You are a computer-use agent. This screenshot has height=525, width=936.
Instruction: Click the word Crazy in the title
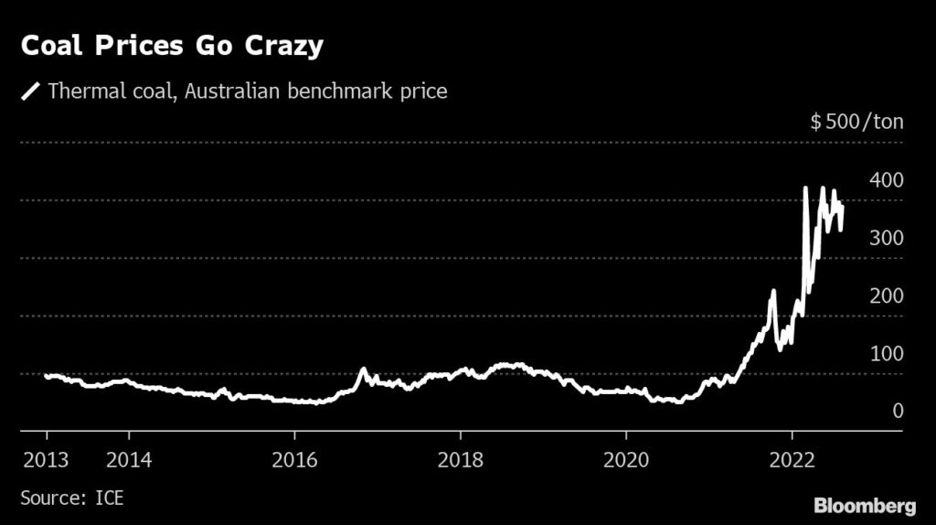pos(278,47)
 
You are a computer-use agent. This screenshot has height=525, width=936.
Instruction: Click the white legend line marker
pos(31,91)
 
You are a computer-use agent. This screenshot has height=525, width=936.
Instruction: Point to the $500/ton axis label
pos(856,123)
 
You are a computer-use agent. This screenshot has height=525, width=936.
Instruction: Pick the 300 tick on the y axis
pos(886,238)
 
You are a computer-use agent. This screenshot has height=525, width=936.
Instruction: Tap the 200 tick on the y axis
pos(886,295)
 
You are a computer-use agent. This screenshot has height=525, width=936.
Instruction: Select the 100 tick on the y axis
pos(886,353)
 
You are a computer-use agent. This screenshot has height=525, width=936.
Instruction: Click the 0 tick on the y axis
pos(898,411)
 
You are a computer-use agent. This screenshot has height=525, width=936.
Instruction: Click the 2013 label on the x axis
pos(45,458)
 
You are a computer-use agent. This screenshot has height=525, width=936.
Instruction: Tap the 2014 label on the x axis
pos(129,458)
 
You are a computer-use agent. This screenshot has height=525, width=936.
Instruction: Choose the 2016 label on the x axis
pos(295,458)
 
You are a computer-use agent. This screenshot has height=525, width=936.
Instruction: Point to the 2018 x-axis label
pos(462,458)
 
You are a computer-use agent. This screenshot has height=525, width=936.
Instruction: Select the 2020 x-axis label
pos(628,458)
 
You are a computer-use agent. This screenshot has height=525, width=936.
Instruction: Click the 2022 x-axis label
pos(793,458)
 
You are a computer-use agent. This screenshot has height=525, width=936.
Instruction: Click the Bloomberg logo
pos(864,505)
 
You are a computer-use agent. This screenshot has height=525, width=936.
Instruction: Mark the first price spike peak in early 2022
pos(805,188)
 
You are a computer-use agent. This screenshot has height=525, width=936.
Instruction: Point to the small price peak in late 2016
pos(363,370)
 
